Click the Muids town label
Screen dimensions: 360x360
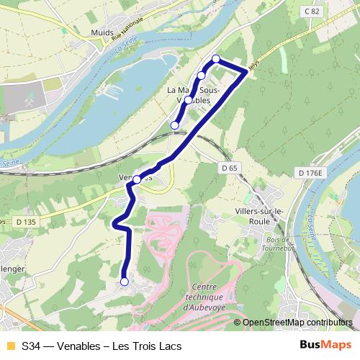click(104, 32)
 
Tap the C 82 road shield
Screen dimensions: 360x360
click(311, 11)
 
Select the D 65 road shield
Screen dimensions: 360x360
click(229, 167)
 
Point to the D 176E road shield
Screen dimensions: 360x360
click(311, 173)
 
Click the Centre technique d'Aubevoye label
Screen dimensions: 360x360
click(204, 297)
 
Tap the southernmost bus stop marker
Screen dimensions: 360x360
click(125, 282)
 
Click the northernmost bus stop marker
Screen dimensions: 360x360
click(215, 58)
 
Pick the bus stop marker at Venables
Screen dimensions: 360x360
click(137, 180)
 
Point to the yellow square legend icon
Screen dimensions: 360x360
click(10, 346)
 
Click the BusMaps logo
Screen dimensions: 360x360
click(325, 346)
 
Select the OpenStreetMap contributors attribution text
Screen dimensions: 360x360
click(297, 323)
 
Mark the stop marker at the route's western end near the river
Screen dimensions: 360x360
click(174, 125)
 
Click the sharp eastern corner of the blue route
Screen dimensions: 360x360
click(247, 72)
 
